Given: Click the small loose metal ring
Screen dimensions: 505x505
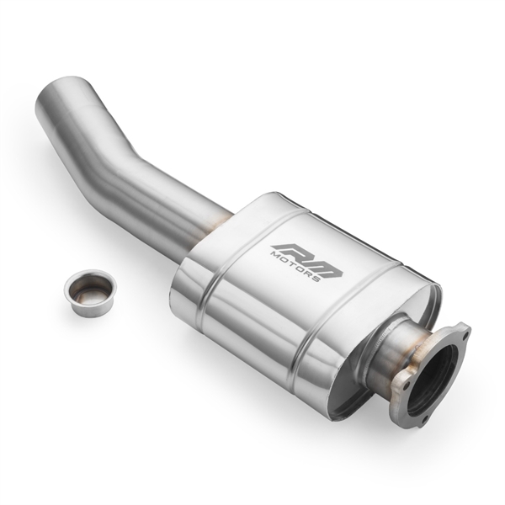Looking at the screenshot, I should (89, 292).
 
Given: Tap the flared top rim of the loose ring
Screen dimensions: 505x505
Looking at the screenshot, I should (89, 278).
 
